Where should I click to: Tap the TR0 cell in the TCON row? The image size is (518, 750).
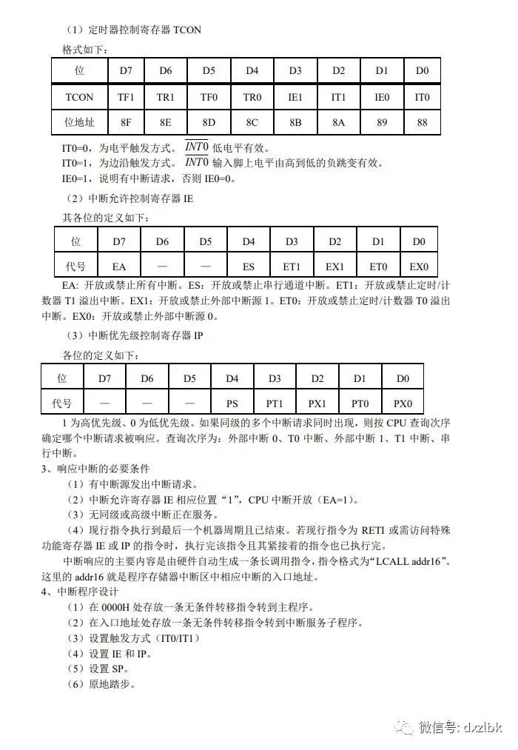click(x=252, y=97)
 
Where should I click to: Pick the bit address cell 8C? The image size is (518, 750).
click(x=252, y=121)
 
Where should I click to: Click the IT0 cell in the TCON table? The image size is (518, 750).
click(x=422, y=97)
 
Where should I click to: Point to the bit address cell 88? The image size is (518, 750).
click(x=422, y=121)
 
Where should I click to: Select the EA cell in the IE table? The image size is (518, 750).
click(x=119, y=266)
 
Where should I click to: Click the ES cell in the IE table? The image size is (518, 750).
click(x=249, y=266)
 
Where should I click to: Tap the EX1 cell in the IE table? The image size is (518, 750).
click(x=335, y=266)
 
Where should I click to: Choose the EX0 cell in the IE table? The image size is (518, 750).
click(x=419, y=266)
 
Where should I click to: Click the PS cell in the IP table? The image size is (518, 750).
click(x=232, y=404)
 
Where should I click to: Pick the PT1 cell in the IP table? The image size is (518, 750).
click(x=275, y=404)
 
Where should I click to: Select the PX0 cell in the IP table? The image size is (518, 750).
click(x=403, y=404)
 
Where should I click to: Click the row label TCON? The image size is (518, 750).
click(x=79, y=97)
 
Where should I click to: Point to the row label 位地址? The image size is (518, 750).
click(x=79, y=121)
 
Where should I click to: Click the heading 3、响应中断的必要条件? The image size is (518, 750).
click(x=96, y=469)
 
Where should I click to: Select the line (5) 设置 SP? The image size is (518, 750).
click(x=101, y=669)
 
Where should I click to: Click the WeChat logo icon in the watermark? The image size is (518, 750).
click(x=405, y=726)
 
